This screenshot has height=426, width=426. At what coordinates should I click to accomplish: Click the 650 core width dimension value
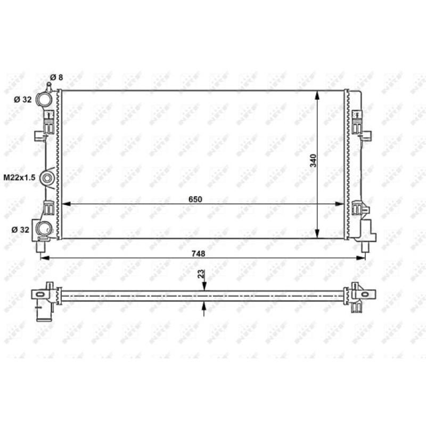195,199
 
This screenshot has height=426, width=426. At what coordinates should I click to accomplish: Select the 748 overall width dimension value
199,253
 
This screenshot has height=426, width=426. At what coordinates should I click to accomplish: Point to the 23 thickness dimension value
200,274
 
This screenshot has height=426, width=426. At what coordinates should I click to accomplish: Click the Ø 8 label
56,78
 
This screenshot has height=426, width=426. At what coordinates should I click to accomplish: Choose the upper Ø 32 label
23,100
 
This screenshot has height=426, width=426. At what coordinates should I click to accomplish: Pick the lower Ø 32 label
21,230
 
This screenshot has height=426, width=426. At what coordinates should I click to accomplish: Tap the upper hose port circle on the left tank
47,100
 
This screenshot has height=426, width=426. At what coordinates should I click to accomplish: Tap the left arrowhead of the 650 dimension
66,204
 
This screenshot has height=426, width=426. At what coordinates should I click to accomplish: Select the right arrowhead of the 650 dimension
341,204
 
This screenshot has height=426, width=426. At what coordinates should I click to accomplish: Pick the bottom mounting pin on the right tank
365,247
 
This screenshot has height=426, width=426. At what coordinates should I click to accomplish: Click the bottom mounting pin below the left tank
42,247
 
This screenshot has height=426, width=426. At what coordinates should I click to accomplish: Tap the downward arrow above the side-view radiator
204,288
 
